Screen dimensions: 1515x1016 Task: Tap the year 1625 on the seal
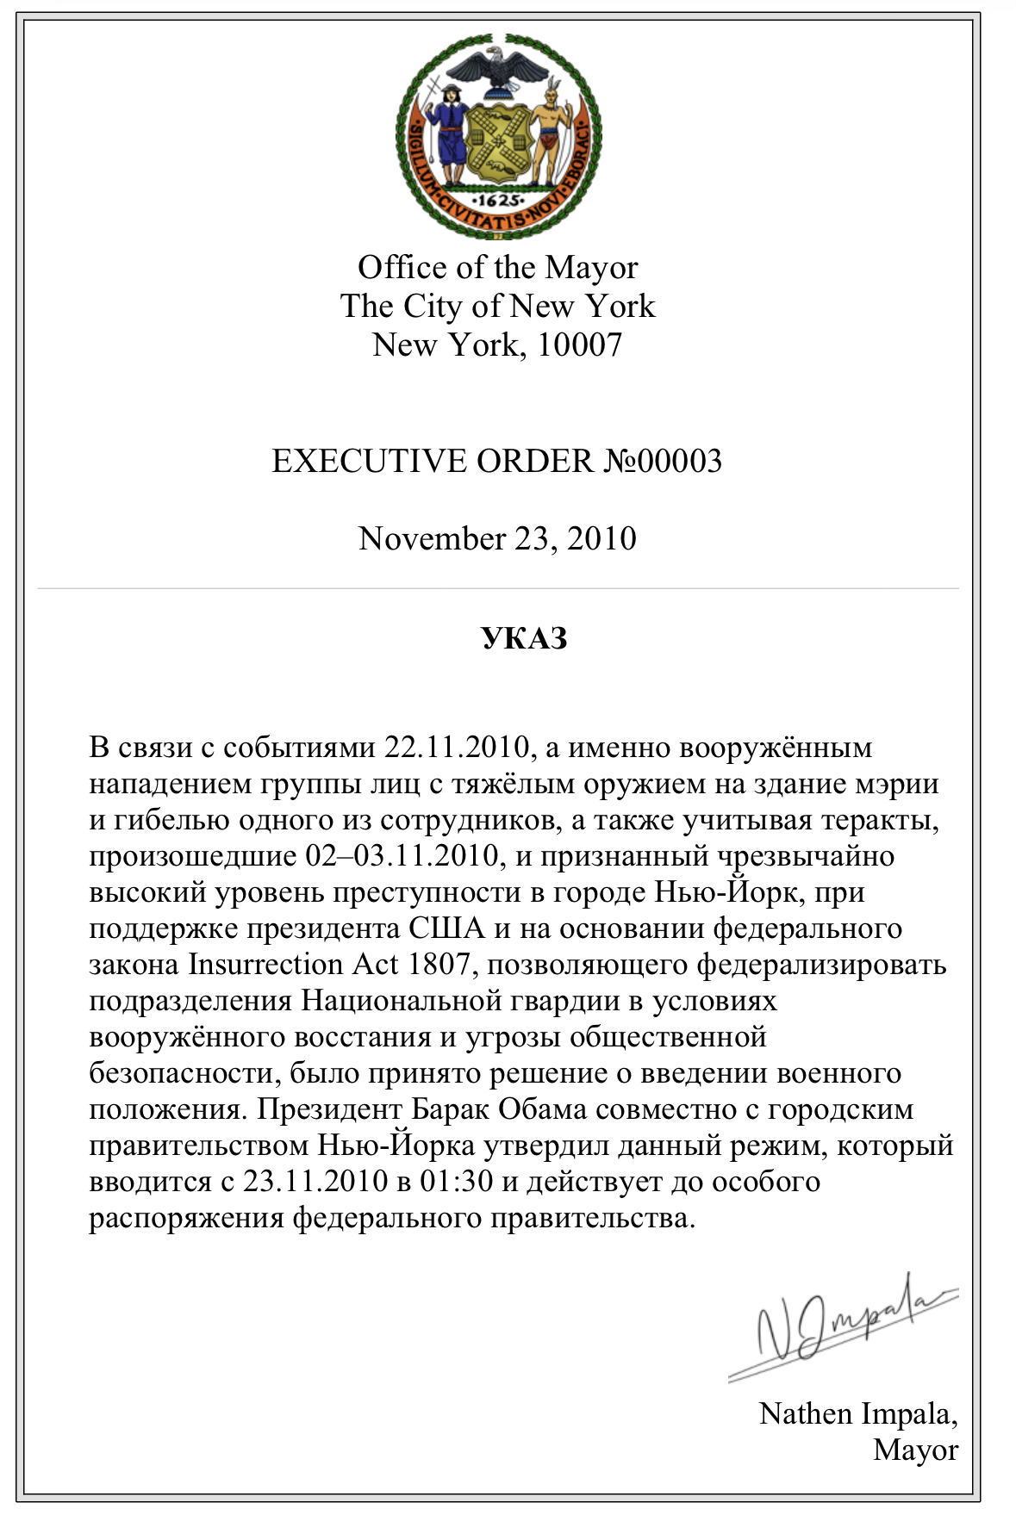click(498, 200)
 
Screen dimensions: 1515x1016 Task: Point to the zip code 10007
click(579, 345)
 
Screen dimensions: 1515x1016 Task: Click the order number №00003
click(662, 462)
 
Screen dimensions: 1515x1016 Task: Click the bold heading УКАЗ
click(524, 639)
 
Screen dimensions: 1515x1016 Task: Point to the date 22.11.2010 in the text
click(456, 748)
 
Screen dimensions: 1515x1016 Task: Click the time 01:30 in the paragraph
click(456, 1181)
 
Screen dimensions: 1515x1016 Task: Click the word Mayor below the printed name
click(915, 1450)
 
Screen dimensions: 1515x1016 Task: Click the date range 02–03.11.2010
click(402, 856)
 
